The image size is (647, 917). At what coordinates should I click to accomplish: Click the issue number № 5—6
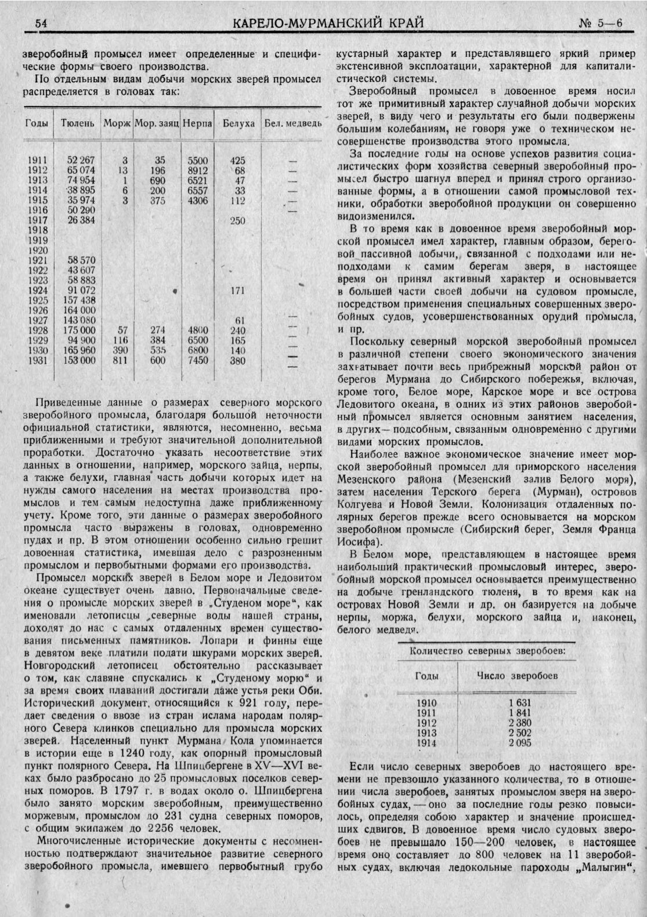tap(600, 23)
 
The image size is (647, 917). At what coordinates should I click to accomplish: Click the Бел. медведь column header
tap(292, 124)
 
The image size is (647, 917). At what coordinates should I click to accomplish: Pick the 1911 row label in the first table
tap(37, 160)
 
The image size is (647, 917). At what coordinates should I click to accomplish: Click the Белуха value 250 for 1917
tap(237, 221)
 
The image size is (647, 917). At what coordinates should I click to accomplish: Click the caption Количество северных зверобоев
tap(487, 650)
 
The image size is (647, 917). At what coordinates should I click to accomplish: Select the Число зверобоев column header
tap(516, 676)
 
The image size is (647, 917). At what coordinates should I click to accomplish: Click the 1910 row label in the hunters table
tap(426, 702)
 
